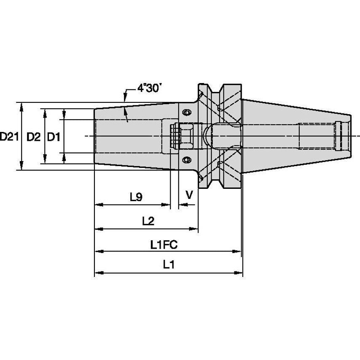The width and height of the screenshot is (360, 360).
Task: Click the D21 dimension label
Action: point(9,137)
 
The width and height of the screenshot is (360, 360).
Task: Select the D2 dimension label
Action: point(33,137)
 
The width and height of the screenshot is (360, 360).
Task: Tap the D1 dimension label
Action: point(54,137)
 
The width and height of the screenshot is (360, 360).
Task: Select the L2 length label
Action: point(148,220)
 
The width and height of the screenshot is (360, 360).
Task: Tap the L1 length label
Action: point(169,265)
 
